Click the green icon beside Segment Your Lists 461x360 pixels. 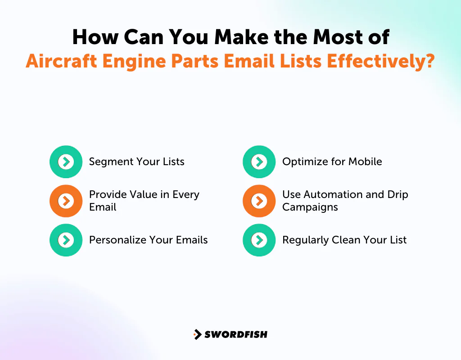tap(66, 162)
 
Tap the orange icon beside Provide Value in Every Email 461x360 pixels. tap(66, 201)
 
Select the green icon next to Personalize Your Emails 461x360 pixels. tap(66, 240)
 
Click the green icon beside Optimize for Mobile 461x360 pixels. tap(259, 162)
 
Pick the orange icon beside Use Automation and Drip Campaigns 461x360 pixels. tap(259, 201)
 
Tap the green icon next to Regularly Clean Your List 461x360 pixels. tap(259, 240)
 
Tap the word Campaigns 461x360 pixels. tap(310, 207)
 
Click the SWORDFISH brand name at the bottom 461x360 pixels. tap(235, 334)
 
